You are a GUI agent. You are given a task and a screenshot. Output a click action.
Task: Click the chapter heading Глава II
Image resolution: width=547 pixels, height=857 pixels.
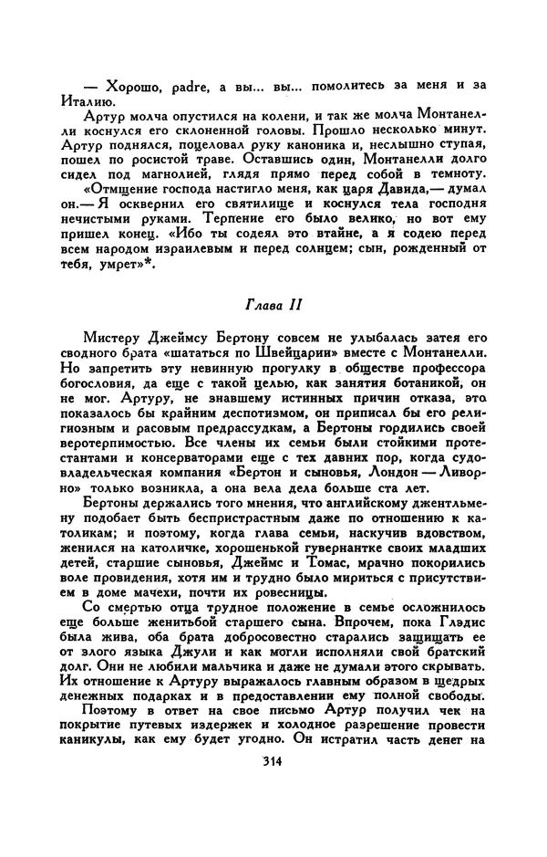coord(273,303)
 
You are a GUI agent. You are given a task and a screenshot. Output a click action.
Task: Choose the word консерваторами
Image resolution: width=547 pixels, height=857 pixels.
coord(179,467)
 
